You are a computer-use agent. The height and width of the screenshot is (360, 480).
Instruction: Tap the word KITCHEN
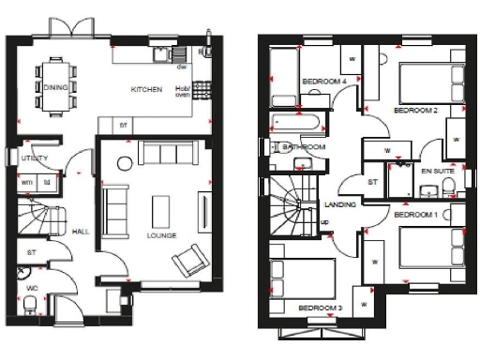pos(146,89)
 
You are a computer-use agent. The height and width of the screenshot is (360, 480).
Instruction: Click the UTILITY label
pos(33,159)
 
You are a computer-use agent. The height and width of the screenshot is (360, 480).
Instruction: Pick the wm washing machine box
pos(27,181)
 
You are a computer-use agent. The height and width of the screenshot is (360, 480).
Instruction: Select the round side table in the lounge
pos(125,164)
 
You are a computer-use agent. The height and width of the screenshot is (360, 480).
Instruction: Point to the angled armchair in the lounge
pos(191,257)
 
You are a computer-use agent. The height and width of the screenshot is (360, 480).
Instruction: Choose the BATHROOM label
pos(305,147)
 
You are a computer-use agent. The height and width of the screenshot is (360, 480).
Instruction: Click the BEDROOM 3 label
pos(320,307)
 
